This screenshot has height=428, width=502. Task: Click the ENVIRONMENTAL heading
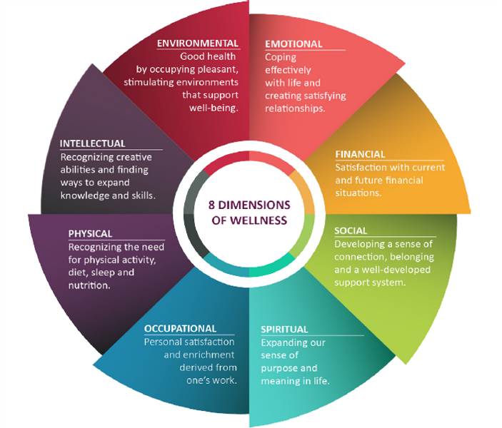(x=197, y=44)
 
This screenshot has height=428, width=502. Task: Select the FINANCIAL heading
(x=360, y=154)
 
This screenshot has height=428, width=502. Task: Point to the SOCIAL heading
(x=351, y=231)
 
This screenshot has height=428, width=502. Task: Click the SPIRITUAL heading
(x=284, y=330)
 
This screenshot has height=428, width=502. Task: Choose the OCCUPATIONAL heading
(x=180, y=329)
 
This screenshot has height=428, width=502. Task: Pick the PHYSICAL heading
(x=90, y=233)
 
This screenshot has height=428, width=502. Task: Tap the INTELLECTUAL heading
(x=93, y=143)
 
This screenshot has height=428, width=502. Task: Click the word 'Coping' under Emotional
(x=281, y=57)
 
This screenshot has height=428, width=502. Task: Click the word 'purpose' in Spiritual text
(x=279, y=368)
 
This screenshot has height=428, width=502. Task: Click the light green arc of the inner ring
(x=303, y=238)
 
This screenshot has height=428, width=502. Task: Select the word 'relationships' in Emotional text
(x=295, y=108)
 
